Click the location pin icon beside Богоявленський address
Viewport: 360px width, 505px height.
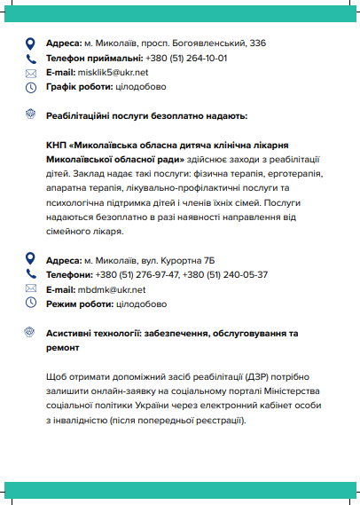30,43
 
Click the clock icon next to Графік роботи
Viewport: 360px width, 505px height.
30,87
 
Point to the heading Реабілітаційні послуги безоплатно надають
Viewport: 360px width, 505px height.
146,116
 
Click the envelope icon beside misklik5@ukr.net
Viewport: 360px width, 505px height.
30,72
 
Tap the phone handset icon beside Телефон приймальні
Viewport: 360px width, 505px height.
30,58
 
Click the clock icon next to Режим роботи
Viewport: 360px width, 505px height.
30,304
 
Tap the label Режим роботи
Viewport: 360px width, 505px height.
78,304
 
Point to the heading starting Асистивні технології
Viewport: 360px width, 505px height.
171,333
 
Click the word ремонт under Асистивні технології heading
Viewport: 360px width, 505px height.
64,348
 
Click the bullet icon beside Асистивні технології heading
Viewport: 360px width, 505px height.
30,333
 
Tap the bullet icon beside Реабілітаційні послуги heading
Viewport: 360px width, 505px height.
30,115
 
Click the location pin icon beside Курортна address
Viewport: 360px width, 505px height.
30,260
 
